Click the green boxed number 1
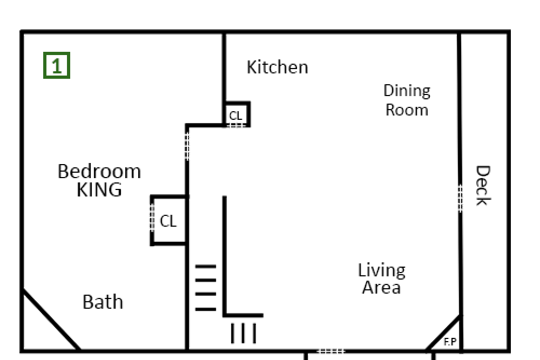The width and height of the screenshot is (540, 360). tap(57, 65)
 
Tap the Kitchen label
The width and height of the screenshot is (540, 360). tap(277, 67)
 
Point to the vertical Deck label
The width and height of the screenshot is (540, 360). tap(483, 185)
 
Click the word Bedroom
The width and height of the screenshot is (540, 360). tap(99, 172)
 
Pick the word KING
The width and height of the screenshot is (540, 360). tap(99, 189)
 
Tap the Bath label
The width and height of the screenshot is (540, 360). tap(103, 302)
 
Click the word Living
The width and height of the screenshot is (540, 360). tap(382, 271)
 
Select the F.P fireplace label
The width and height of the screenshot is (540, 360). tap(450, 342)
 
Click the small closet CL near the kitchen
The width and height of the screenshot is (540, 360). tap(236, 116)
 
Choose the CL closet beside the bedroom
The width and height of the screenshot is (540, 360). tap(168, 221)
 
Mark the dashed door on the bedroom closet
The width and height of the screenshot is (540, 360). tap(152, 218)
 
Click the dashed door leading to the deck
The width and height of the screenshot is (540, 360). tap(460, 198)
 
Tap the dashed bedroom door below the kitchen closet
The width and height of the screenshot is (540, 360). tap(187, 146)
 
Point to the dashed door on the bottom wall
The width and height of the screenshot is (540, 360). tap(330, 351)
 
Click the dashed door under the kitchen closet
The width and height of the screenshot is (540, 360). tap(237, 125)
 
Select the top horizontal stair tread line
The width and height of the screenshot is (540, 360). tap(206, 267)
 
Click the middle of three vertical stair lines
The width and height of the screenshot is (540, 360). tap(243, 333)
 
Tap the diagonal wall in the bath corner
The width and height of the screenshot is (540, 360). tap(51, 320)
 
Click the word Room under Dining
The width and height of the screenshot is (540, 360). tap(407, 110)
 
